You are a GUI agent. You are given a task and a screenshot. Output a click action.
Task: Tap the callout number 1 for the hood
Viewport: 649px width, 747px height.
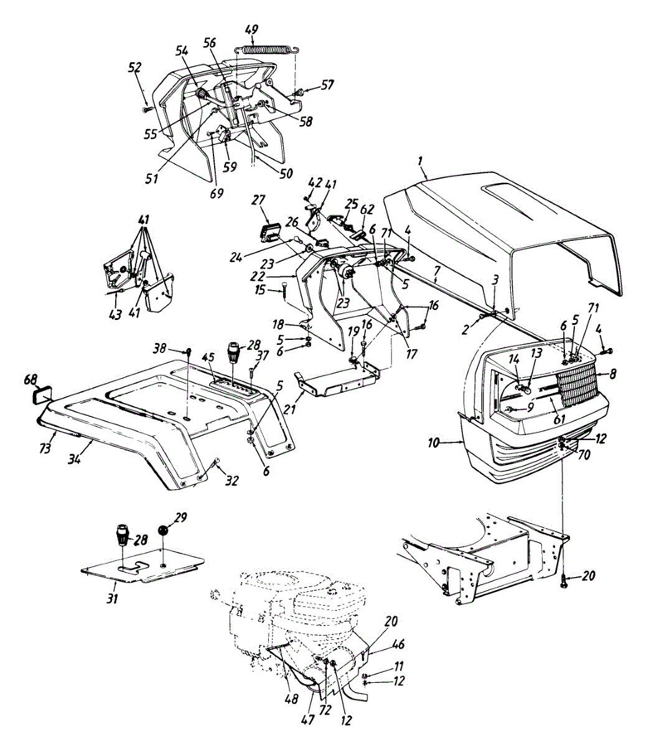click(421, 171)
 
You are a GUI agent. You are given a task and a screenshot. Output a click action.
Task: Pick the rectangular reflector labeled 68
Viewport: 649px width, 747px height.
click(43, 396)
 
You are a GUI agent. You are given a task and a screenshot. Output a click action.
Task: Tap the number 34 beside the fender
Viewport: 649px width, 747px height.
click(75, 459)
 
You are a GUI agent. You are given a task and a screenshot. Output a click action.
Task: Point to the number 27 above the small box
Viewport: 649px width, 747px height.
click(259, 200)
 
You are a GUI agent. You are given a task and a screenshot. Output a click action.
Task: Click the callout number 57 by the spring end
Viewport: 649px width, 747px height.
click(327, 85)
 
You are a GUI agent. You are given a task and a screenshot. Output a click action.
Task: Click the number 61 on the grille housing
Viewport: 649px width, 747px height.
click(559, 419)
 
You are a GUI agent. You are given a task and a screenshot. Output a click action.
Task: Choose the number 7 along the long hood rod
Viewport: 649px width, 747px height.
click(437, 271)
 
